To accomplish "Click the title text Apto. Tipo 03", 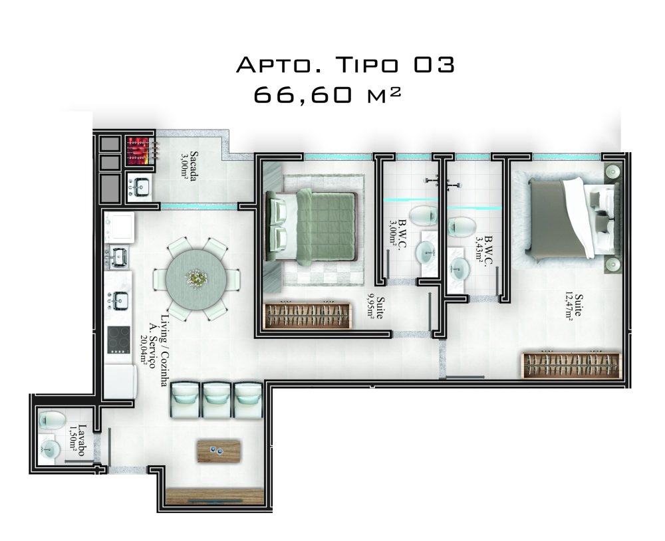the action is point(345,65).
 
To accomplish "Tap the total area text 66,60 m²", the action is point(327,95).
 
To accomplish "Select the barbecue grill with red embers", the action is point(139,151).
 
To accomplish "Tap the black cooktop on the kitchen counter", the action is point(118,340).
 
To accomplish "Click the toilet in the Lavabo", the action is point(51,419).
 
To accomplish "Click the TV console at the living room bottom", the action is point(215,496).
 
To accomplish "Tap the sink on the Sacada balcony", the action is point(139,187).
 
